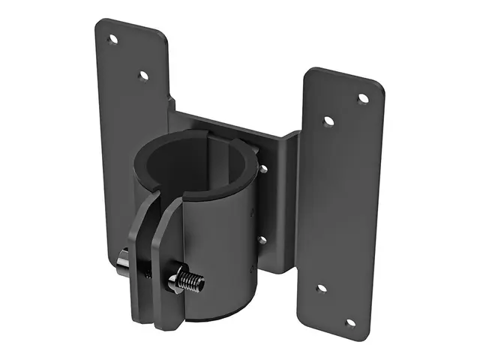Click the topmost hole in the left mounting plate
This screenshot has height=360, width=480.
[x=113, y=39]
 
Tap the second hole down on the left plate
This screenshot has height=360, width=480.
[x=143, y=75]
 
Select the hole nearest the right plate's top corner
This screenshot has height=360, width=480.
[x=363, y=98]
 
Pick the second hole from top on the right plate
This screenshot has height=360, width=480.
[x=328, y=121]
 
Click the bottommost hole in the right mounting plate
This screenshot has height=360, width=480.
[x=349, y=323]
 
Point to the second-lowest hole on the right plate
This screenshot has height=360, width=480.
[x=321, y=288]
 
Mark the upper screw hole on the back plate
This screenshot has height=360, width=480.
[x=263, y=169]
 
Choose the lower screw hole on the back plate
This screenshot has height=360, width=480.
[x=262, y=240]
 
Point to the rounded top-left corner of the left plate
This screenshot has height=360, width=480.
[x=102, y=24]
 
